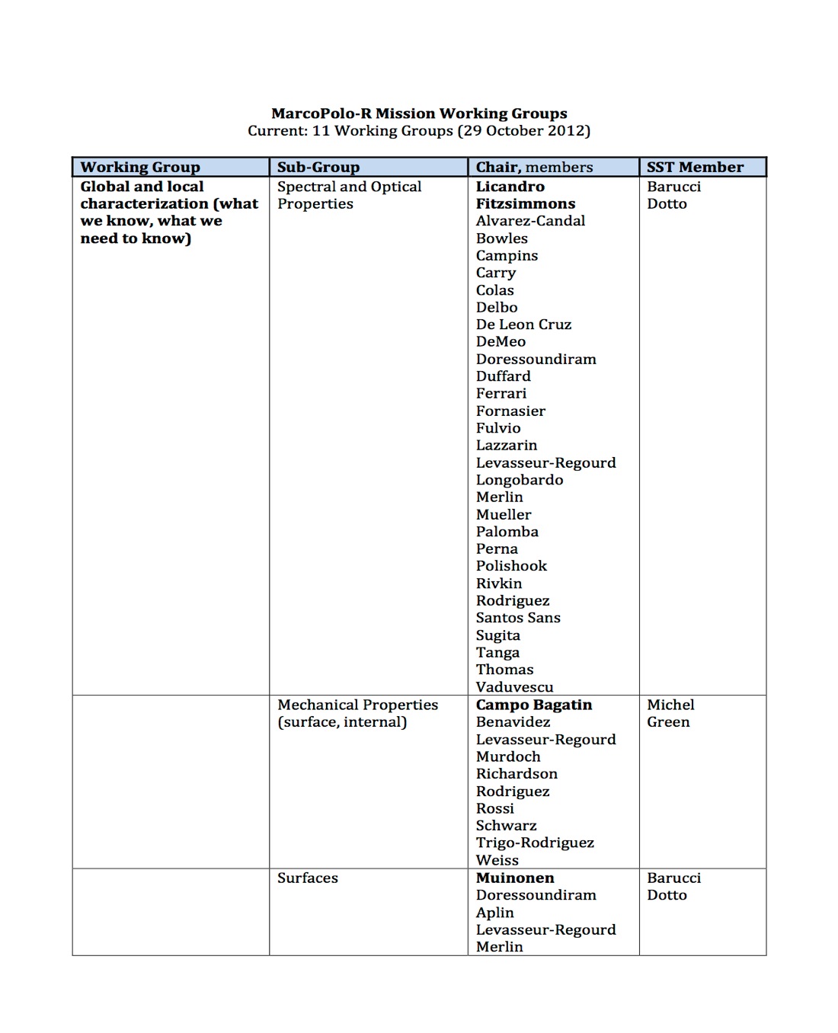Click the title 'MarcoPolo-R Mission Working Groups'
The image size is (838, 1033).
(x=419, y=114)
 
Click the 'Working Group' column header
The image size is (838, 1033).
(x=140, y=167)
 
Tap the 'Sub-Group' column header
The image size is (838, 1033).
(x=318, y=167)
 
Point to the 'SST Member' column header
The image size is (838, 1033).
(x=695, y=167)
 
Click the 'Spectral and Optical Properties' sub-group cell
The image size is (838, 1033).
(x=348, y=195)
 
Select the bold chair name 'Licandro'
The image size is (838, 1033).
(x=510, y=187)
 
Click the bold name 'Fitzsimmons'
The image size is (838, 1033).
(x=525, y=203)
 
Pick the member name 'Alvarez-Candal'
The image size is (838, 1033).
(x=530, y=221)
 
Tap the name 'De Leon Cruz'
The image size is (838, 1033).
(x=523, y=325)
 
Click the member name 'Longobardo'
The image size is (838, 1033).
(x=520, y=480)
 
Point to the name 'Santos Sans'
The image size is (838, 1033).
(x=518, y=618)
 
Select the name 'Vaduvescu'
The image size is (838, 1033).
(x=514, y=686)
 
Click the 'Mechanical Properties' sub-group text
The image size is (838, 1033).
(x=357, y=705)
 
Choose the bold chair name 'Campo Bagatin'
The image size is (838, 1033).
(x=533, y=705)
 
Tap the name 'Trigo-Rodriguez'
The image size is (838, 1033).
(x=535, y=843)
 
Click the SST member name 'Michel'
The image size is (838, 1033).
(x=670, y=705)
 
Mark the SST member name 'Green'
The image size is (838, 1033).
(x=668, y=722)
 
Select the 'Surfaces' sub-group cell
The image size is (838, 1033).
(x=307, y=878)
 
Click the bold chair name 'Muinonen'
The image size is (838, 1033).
(x=515, y=878)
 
